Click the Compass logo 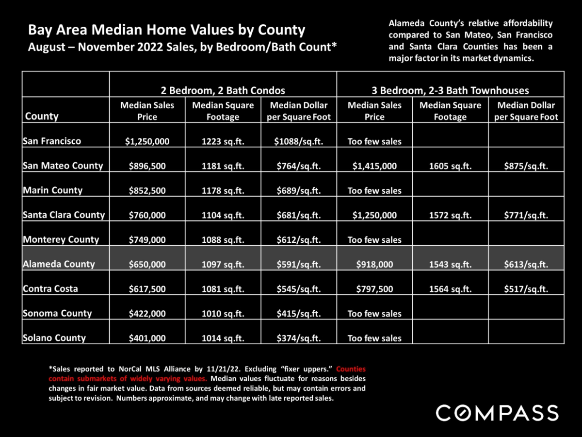click(x=497, y=413)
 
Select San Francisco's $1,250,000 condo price click(x=147, y=141)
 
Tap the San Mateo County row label click(x=63, y=166)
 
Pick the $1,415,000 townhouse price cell click(x=374, y=166)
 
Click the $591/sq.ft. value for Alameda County click(x=299, y=265)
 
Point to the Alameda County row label click(x=59, y=264)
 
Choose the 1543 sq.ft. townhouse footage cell click(x=450, y=265)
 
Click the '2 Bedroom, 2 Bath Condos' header click(x=223, y=90)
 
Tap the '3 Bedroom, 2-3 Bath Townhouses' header click(x=450, y=90)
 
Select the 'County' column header click(x=42, y=116)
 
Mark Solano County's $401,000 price click(x=147, y=338)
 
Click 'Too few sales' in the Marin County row click(x=374, y=190)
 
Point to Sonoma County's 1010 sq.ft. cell click(x=223, y=314)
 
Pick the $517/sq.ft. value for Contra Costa click(x=526, y=289)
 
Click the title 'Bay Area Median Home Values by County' click(x=166, y=30)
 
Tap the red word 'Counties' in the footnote click(x=351, y=369)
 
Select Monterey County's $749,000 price click(x=147, y=240)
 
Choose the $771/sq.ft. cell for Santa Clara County click(x=526, y=215)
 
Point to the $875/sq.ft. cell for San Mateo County click(x=526, y=166)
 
